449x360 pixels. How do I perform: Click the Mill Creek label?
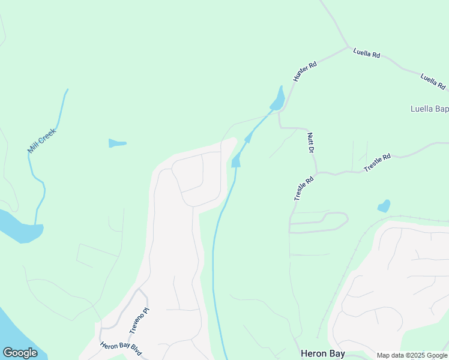(41, 140)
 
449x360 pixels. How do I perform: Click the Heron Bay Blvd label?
(121, 348)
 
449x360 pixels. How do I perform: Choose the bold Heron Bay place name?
(322, 353)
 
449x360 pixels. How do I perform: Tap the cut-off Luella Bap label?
(429, 109)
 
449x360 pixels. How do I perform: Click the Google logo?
(20, 353)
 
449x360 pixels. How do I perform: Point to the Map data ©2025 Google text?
(412, 355)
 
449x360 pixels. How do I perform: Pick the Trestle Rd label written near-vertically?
(304, 188)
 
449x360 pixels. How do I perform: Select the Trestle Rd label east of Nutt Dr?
(377, 163)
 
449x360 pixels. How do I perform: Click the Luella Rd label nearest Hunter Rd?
(367, 54)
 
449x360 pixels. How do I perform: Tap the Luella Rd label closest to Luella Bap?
(433, 81)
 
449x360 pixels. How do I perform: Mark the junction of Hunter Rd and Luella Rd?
(348, 47)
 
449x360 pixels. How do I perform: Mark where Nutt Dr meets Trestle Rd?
(317, 173)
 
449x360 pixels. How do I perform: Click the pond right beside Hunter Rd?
(278, 100)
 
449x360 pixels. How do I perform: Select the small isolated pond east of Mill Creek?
(117, 143)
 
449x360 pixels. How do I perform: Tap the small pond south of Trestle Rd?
(384, 206)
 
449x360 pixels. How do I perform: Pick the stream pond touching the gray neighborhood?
(237, 160)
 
